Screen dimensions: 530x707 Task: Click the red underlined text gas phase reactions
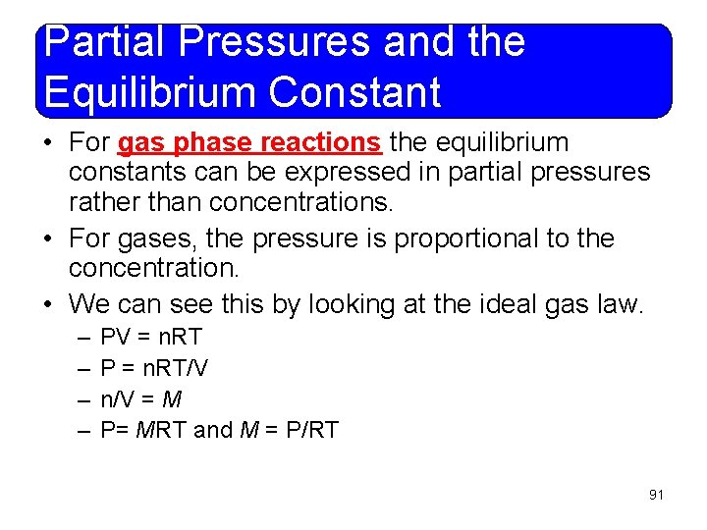point(249,143)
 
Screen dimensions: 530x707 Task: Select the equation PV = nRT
point(151,337)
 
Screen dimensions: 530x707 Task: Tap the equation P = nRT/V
point(155,368)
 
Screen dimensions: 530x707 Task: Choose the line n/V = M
point(141,398)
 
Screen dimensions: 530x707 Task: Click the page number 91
point(656,495)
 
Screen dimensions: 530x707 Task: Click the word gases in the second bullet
point(160,238)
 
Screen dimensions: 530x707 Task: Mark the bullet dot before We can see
point(48,305)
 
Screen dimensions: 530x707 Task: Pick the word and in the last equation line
point(214,429)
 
